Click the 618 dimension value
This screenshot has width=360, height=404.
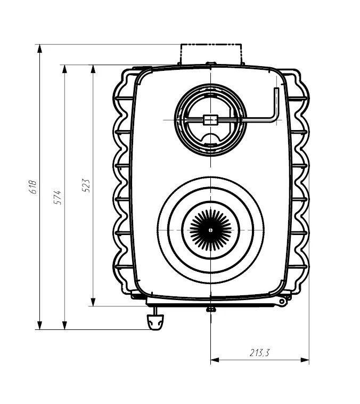tap(32, 187)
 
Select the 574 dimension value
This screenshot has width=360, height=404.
tap(58, 197)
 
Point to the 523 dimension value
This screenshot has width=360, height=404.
tap(86, 186)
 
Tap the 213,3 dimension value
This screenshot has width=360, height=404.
tap(259, 353)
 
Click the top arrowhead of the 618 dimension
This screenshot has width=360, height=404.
tap(39, 49)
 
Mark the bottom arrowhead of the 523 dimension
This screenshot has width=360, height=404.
tap(93, 302)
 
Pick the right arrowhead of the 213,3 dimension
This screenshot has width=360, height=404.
tap(305, 360)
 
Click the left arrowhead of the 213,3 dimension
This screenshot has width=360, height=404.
tap(215, 360)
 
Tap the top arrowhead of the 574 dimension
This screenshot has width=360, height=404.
tap(64, 69)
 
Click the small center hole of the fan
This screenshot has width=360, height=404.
tap(211, 230)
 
